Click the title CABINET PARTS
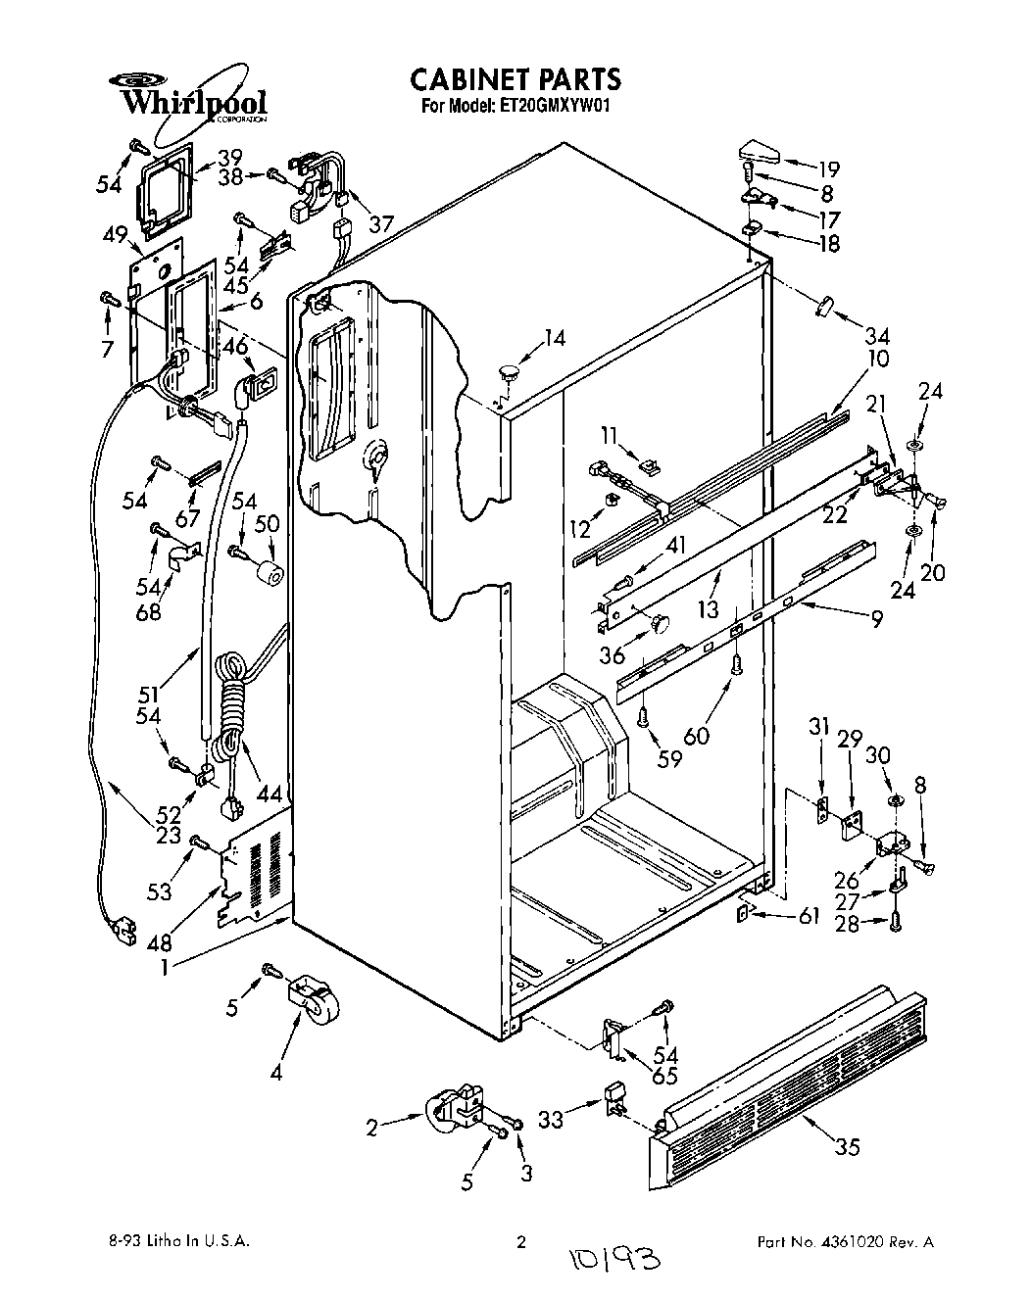point(515,78)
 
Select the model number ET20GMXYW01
point(554,107)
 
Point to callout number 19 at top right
point(828,168)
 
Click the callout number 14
point(554,338)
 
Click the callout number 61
point(808,916)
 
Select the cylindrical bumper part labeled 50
point(269,573)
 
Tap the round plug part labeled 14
point(508,370)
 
